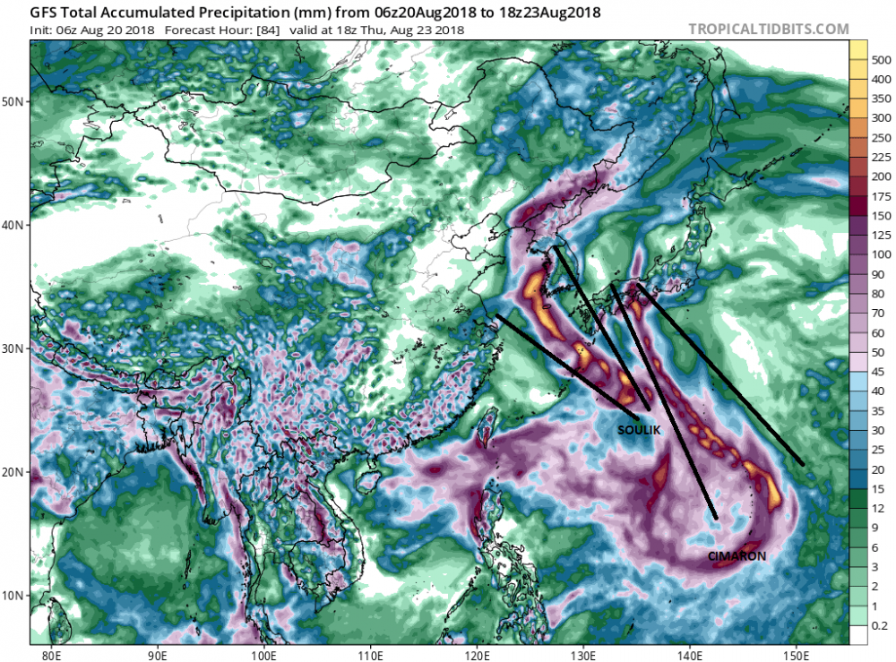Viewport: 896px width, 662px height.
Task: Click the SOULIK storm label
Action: pyautogui.click(x=639, y=431)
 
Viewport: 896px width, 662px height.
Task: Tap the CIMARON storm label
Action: pyautogui.click(x=737, y=556)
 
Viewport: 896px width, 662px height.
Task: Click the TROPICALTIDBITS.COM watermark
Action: pyautogui.click(x=768, y=29)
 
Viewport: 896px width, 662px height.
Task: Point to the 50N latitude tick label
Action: pyautogui.click(x=14, y=101)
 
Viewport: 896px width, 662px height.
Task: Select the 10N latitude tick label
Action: pyautogui.click(x=14, y=595)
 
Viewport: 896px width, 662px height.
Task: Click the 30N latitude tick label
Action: pyautogui.click(x=14, y=348)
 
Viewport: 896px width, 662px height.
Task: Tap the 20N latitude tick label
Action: pyautogui.click(x=14, y=472)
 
